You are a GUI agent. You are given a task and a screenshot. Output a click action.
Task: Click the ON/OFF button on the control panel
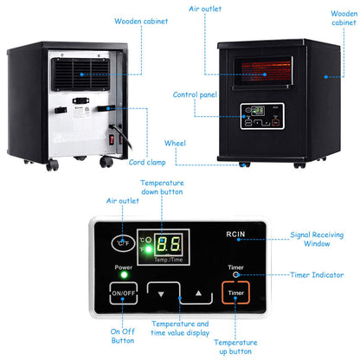pos(121,293)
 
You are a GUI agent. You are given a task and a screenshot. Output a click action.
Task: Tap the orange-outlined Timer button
pos(236,293)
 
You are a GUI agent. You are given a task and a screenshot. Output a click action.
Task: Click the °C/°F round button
pos(124,243)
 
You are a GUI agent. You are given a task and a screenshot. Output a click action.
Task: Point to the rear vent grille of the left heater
pos(84,72)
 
